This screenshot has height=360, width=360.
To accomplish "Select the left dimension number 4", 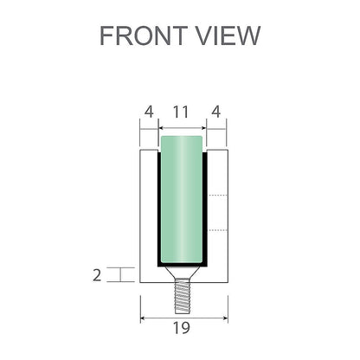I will pyautogui.click(x=148, y=112).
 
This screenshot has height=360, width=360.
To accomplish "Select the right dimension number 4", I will pyautogui.click(x=216, y=112).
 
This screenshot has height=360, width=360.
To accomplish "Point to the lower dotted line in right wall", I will pyautogui.click(x=218, y=230).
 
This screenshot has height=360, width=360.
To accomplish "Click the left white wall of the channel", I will pyautogui.click(x=147, y=208).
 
